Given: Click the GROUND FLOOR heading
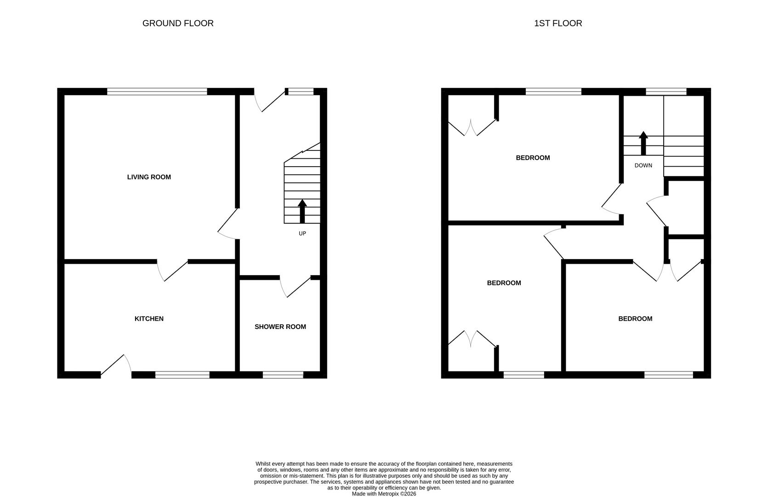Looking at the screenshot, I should click(178, 23).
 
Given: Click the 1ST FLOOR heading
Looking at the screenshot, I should click(558, 23).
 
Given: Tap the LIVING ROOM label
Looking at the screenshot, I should click(149, 177).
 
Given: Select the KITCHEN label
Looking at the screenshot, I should click(149, 319).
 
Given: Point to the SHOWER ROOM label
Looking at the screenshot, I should click(280, 327).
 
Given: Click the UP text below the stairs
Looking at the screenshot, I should click(302, 233).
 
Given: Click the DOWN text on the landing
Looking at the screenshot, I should click(643, 165).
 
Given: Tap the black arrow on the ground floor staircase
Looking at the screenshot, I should click(302, 211).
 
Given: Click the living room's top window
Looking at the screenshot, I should click(157, 92).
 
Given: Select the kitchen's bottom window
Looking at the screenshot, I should click(182, 375).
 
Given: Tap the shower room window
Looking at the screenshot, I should click(283, 375).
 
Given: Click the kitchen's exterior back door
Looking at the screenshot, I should click(116, 366).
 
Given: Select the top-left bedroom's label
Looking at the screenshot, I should click(533, 158).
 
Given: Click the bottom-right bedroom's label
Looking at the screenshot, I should click(635, 319).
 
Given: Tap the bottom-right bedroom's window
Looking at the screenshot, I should click(668, 375).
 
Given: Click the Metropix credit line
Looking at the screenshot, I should click(384, 494).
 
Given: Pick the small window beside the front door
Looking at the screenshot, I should click(301, 92).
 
